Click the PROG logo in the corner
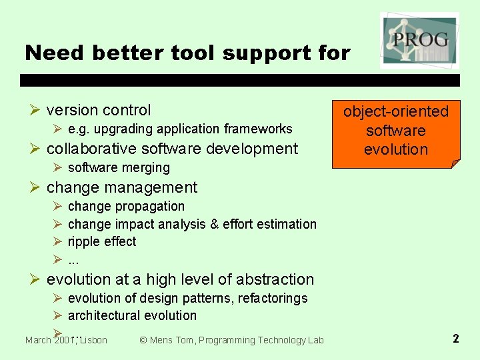[x=419, y=39]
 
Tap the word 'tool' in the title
[x=189, y=53]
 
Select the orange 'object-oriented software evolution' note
[x=396, y=131]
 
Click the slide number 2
[x=455, y=339]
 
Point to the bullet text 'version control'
[x=99, y=110]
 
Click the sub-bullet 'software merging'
[x=119, y=167]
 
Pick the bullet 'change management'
[x=122, y=187]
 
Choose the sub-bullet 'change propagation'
[x=126, y=206]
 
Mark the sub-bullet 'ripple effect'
[x=102, y=241]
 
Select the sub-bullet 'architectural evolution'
[x=132, y=315]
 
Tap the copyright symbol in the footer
[x=143, y=341]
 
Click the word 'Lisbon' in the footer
[x=93, y=341]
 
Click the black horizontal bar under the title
[x=240, y=80]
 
